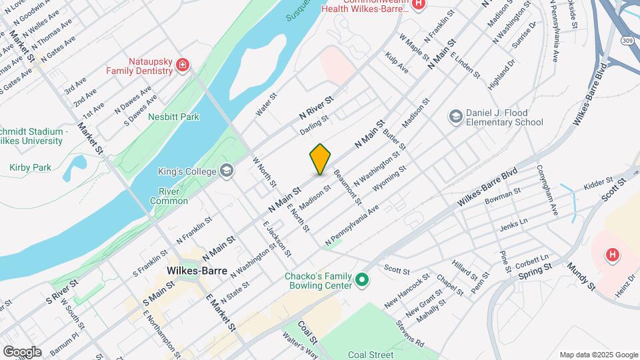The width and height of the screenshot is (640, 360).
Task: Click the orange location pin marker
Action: [321, 159]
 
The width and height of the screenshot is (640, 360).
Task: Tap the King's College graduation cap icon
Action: [227, 171]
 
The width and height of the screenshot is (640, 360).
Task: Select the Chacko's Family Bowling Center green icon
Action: [363, 279]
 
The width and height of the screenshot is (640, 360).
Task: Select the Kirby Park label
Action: [31, 167]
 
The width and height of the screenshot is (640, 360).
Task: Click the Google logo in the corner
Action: [22, 351]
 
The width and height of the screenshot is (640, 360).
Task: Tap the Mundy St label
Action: [581, 276]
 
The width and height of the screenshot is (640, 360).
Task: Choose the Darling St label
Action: [314, 125]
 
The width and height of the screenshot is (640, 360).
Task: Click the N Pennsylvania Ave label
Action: [352, 223]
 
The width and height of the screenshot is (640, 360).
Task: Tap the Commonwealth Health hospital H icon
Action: [418, 5]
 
